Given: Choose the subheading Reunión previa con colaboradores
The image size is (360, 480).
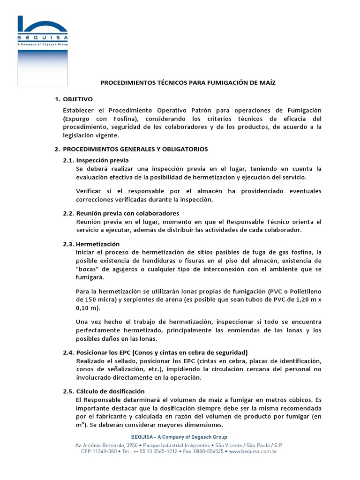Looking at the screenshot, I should pyautogui.click(x=127, y=213).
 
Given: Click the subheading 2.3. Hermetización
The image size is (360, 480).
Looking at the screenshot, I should pyautogui.click(x=91, y=244).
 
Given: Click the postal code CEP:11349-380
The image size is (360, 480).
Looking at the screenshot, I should pyautogui.click(x=93, y=452).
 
